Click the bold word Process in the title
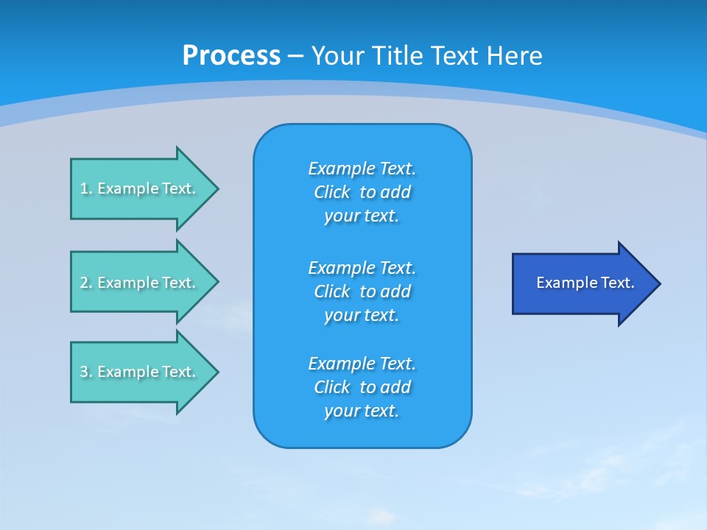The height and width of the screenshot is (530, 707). coord(231,56)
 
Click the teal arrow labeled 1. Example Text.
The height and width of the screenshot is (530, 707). coord(140,188)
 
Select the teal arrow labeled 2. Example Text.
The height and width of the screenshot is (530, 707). coord(140,283)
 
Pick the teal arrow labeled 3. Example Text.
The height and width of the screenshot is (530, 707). coord(140,372)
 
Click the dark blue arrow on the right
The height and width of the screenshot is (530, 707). coord(582,283)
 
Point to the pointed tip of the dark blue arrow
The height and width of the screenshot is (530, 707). coord(658,283)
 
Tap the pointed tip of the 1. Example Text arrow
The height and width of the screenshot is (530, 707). coord(216,188)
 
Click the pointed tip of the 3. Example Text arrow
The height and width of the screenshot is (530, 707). coord(216,372)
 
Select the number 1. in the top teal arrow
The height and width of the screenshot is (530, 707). coord(85,188)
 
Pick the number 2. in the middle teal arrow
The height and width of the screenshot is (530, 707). coord(85,283)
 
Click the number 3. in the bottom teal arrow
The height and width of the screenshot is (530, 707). coord(85,372)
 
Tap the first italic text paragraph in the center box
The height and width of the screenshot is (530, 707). coord(362,192)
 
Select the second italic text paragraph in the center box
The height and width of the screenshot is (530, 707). coord(362,291)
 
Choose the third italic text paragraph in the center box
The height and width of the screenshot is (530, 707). coord(362,387)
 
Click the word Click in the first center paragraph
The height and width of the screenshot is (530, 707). coord(331,192)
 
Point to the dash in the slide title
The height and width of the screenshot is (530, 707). coord(295,56)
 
